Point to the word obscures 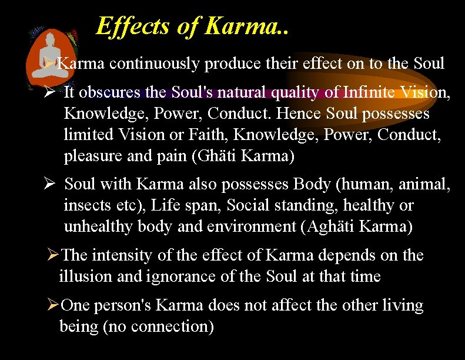point(114,92)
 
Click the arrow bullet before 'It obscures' point(50,92)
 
